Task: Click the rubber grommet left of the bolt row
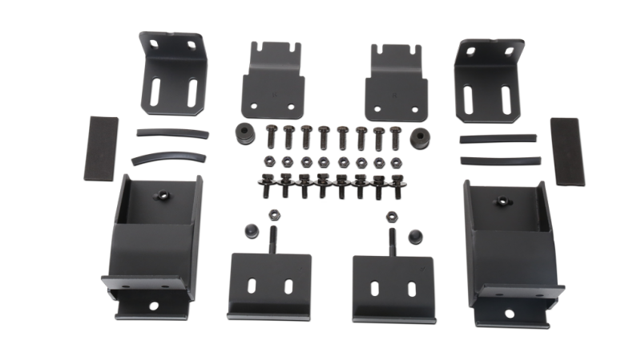240,132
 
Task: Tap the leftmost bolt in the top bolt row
269,136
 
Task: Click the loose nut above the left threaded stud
271,215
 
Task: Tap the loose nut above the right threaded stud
392,216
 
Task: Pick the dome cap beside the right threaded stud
415,233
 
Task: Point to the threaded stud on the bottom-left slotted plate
272,240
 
